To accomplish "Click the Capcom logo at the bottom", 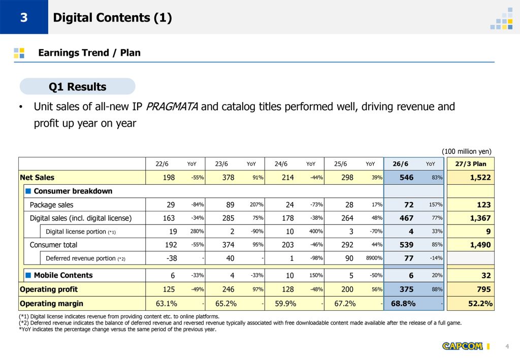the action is [462, 346].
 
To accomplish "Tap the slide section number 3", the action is [24, 17].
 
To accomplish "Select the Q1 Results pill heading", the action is [78, 86].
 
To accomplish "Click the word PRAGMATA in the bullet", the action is [172, 107].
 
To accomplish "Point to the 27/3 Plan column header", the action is [471, 164].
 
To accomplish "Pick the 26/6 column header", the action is [400, 164].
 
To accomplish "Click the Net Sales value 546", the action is [406, 177].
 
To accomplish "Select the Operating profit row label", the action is [49, 289].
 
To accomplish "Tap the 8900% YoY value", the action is [374, 258].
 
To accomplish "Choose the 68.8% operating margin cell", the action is [403, 303].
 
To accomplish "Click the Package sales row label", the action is [51, 205].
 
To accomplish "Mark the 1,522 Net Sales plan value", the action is [480, 177].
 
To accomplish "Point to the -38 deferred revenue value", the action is [172, 258].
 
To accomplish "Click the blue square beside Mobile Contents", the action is [28, 275].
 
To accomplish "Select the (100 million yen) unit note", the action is [467, 151].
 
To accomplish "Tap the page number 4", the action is [507, 346].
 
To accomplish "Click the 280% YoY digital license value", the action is [197, 232].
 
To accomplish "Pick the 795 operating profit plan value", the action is [484, 289].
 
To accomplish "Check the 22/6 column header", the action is [162, 164].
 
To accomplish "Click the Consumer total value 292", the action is [347, 245].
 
